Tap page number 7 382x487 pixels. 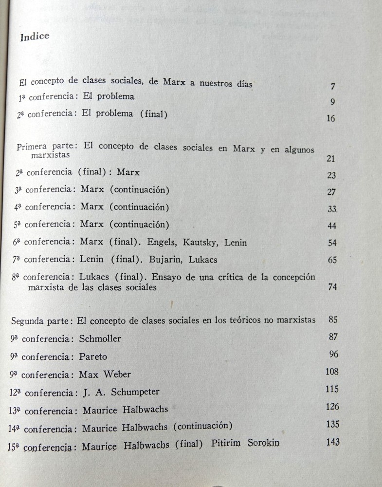click(x=333, y=87)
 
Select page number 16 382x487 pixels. click(x=331, y=118)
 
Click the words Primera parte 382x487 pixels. click(x=45, y=146)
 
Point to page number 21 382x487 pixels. click(x=331, y=159)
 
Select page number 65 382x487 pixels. click(x=332, y=260)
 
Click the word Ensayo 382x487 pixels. click(x=168, y=277)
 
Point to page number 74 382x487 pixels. click(x=332, y=287)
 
